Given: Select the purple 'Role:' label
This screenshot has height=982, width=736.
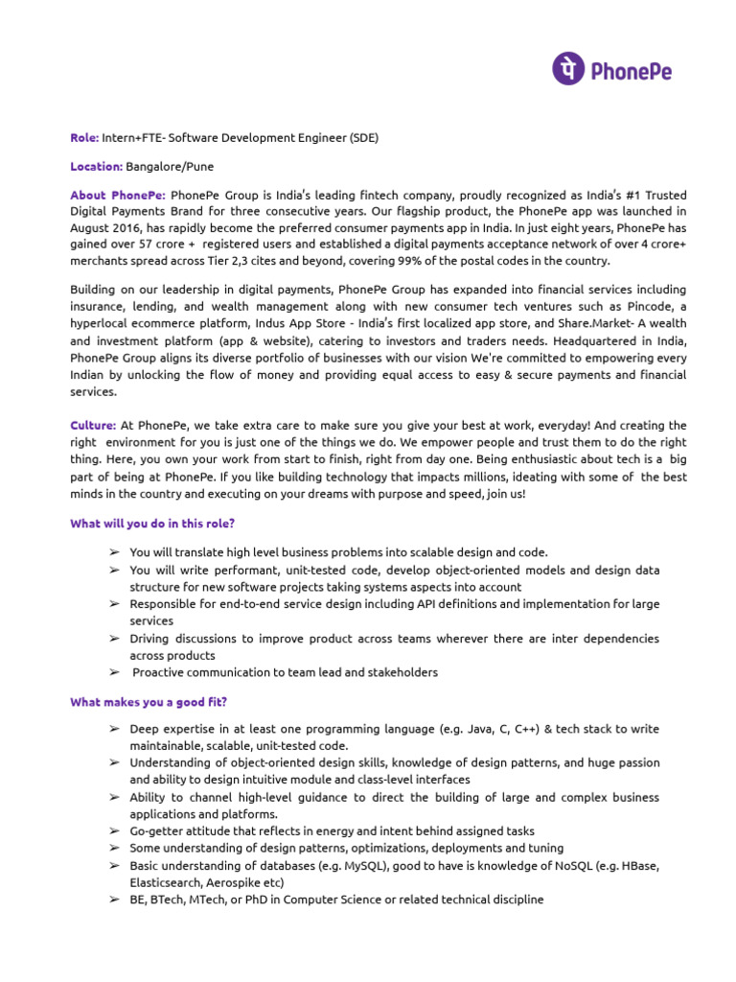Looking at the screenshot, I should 84,137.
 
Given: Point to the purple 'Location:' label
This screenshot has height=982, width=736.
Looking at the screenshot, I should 97,166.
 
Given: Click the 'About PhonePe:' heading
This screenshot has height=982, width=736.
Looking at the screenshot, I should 118,196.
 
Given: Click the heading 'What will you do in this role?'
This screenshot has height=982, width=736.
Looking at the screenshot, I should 152,524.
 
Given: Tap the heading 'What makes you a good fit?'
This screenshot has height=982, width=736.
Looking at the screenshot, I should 149,702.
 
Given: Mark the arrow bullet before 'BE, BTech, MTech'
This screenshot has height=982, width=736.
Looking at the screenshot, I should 114,900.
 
